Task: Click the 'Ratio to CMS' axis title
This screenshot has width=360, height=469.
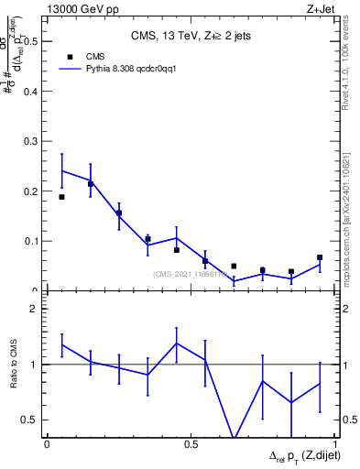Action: [x=13, y=365]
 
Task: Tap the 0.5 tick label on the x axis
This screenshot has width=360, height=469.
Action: [x=191, y=443]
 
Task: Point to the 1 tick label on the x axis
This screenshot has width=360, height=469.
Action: [x=334, y=443]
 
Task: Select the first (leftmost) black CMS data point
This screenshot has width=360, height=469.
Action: [x=61, y=197]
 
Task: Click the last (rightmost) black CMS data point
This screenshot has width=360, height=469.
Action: [x=320, y=257]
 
